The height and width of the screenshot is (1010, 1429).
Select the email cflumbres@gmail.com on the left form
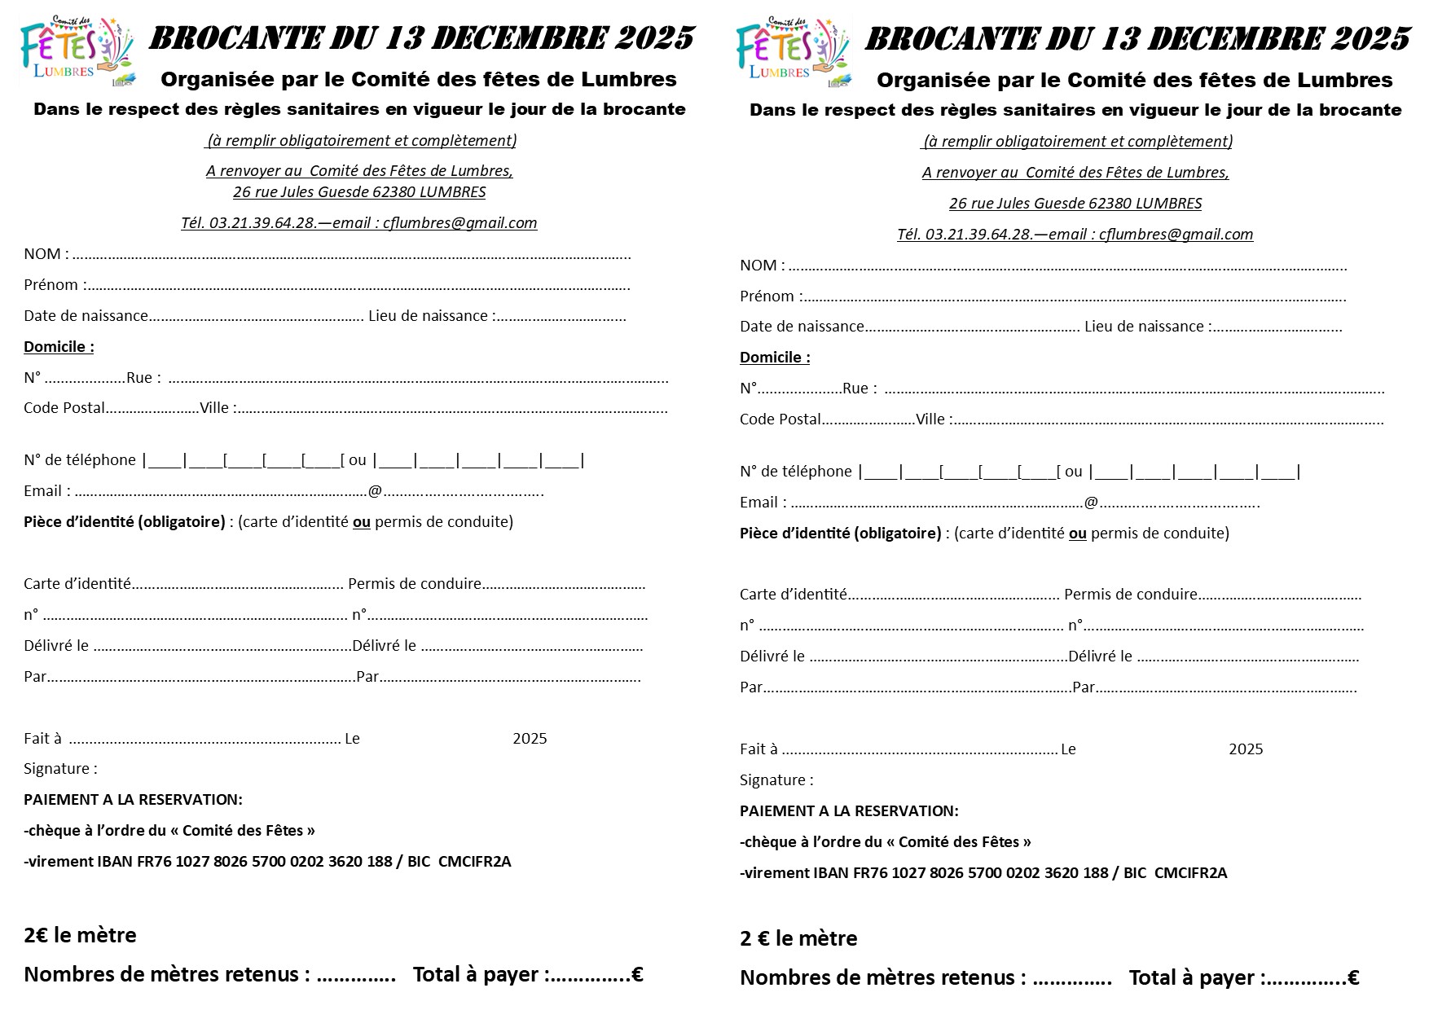click(x=460, y=223)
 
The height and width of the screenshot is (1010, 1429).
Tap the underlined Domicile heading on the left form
click(x=59, y=347)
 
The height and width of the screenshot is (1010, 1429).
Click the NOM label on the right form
click(x=758, y=266)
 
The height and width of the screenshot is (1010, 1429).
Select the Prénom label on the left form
click(x=51, y=285)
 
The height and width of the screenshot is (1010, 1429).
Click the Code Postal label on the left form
click(x=64, y=408)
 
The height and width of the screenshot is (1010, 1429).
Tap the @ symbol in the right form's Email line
click(x=1091, y=503)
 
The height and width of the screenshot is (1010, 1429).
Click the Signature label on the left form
click(x=56, y=769)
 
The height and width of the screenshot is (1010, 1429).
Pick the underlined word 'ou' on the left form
click(x=361, y=522)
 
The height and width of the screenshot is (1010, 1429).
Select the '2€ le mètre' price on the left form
click(x=80, y=935)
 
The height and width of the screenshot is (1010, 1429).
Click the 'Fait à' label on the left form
click(x=42, y=739)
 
